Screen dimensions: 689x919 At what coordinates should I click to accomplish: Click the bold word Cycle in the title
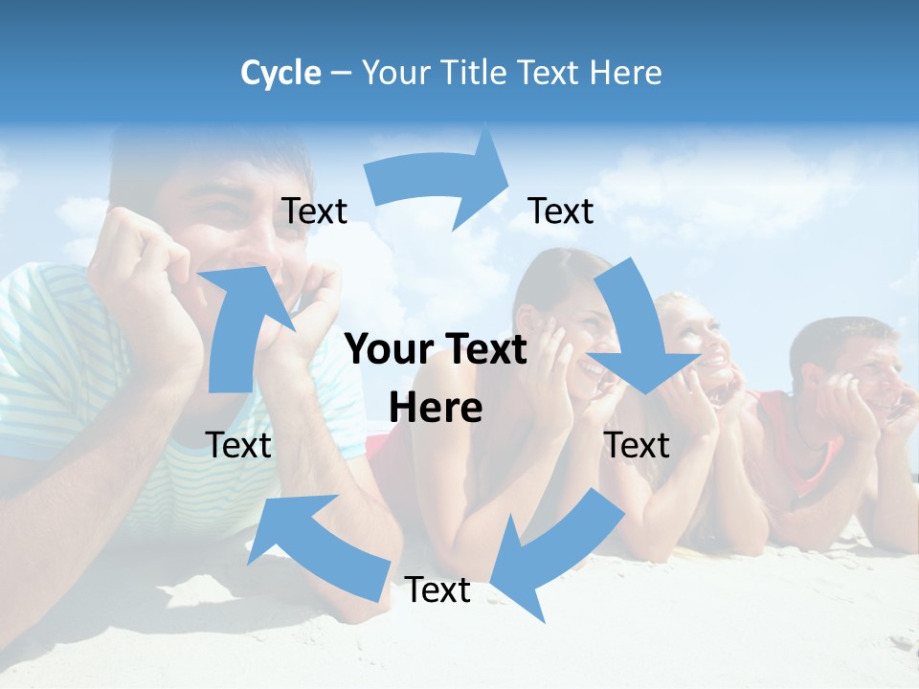tap(280, 73)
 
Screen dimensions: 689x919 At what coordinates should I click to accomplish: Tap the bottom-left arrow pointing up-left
tap(316, 541)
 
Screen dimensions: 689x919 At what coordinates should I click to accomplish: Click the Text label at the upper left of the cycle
tap(314, 211)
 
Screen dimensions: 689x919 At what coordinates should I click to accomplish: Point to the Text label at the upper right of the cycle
tap(560, 211)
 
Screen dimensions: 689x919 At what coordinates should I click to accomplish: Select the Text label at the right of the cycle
tap(637, 445)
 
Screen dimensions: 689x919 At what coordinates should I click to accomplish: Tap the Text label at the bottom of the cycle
tap(437, 590)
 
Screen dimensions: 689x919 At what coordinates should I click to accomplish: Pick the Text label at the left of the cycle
tap(238, 445)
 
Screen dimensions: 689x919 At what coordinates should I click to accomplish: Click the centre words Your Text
tap(436, 350)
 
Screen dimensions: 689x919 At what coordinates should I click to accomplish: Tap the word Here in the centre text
tap(436, 409)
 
